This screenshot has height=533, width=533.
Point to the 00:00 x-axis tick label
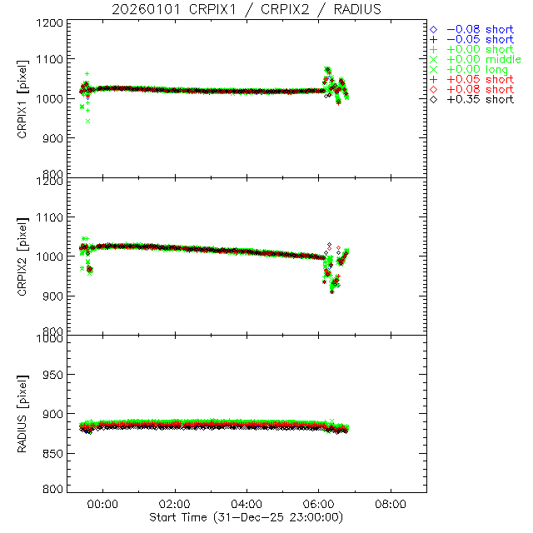coord(102,504)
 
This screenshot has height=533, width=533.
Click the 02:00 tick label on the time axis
coord(175,504)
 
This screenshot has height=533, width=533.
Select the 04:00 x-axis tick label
coord(247,504)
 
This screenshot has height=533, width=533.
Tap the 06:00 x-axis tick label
coord(319,504)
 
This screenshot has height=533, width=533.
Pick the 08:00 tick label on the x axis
coord(391,504)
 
